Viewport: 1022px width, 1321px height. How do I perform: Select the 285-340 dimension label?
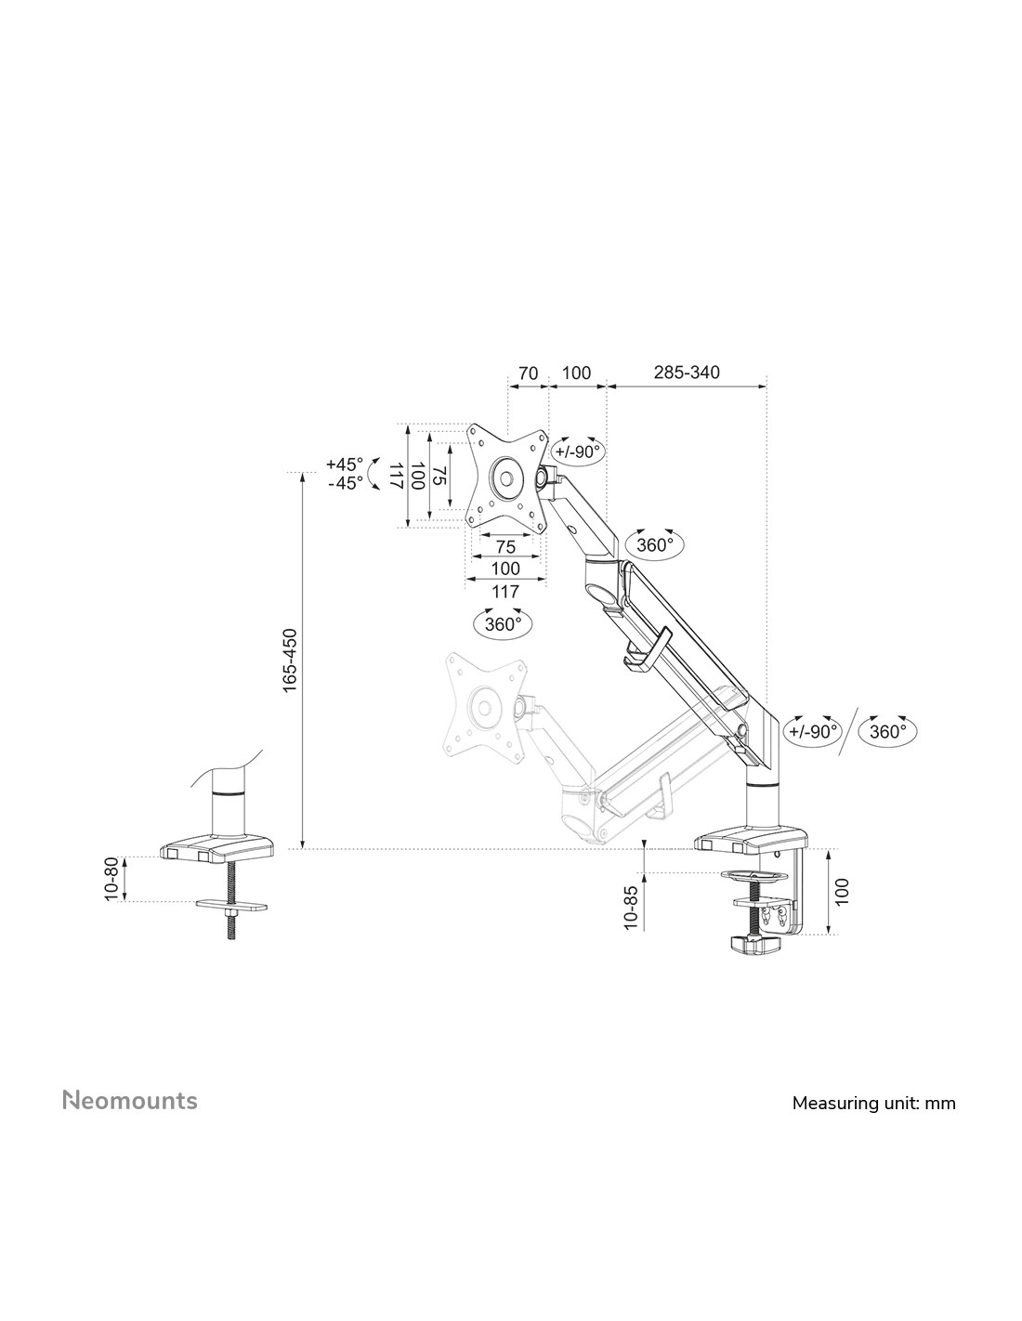[687, 372]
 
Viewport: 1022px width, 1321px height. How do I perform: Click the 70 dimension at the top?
[529, 373]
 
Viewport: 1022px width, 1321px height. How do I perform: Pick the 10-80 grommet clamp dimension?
[111, 879]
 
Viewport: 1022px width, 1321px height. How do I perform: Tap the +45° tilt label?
[344, 464]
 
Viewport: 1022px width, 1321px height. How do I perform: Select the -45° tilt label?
[346, 483]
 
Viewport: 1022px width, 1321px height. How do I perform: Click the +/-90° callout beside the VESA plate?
[578, 451]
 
